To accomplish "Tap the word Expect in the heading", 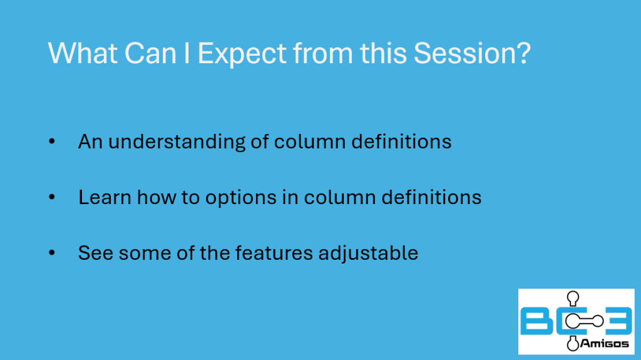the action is click(x=242, y=54).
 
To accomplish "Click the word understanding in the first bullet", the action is click(x=177, y=142).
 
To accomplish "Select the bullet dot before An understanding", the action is click(x=52, y=141).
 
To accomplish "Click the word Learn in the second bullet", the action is click(x=105, y=197).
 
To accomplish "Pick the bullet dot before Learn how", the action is click(x=52, y=197).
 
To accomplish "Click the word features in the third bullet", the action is click(x=274, y=253).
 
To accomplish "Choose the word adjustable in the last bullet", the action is click(x=368, y=253).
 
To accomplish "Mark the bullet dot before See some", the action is click(x=52, y=253).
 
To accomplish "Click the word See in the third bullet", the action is click(x=96, y=253).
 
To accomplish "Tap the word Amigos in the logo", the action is click(x=604, y=344).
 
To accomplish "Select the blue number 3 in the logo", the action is click(x=618, y=321).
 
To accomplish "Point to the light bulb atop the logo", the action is click(x=573, y=298).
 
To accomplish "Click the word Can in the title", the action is click(x=150, y=53).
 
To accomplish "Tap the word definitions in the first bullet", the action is click(x=401, y=141).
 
